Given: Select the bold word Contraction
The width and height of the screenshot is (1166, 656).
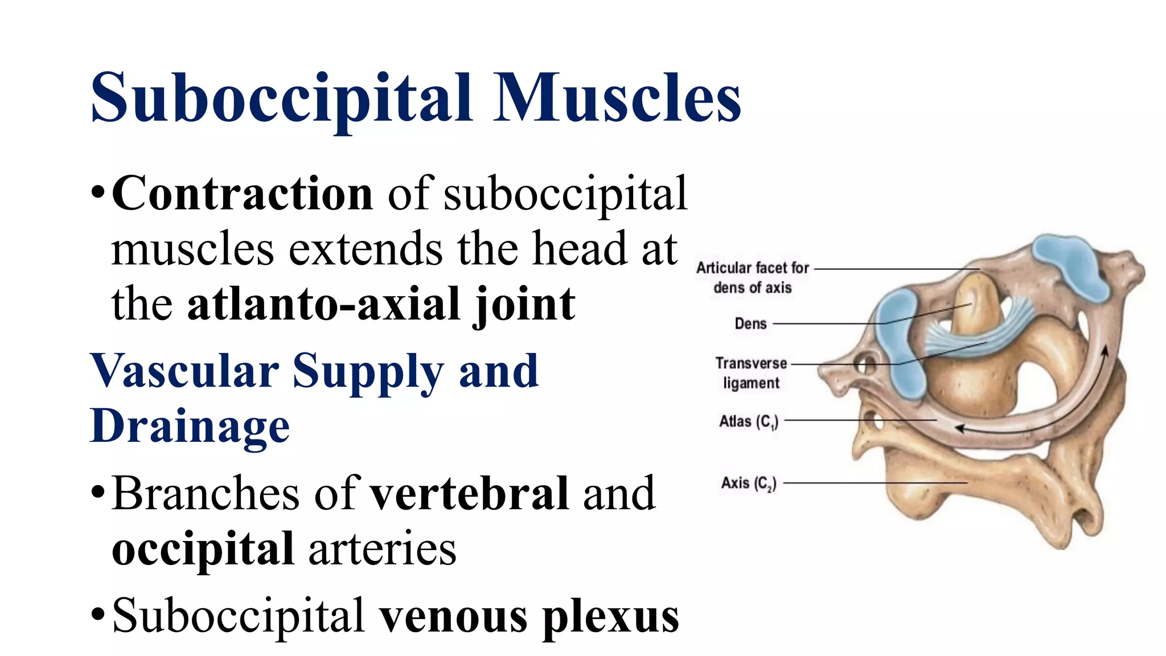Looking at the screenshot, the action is coord(243,194).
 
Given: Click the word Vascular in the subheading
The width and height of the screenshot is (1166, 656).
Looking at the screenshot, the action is coord(184,371).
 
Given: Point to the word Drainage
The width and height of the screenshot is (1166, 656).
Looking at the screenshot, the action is coord(190,425).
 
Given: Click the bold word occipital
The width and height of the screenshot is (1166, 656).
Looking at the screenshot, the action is coord(203,549).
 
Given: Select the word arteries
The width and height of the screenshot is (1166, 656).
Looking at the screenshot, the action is coord(382,549).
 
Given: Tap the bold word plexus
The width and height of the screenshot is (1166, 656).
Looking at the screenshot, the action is coord(610,616).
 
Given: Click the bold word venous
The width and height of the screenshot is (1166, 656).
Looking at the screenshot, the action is coord(454,616).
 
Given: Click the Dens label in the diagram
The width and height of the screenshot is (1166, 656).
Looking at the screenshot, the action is coord(750,324).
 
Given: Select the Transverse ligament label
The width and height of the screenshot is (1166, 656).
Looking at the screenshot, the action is coord(751,373).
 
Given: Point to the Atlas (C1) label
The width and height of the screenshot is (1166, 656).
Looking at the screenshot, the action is coord(748,422).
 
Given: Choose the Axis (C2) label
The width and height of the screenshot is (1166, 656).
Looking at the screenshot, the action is coord(748,483).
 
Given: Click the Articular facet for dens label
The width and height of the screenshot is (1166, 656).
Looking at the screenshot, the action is coord(752,277).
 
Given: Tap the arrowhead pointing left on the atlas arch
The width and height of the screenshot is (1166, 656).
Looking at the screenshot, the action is coord(960,428).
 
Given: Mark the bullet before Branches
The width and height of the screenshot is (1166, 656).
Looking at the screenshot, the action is coord(97,493).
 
